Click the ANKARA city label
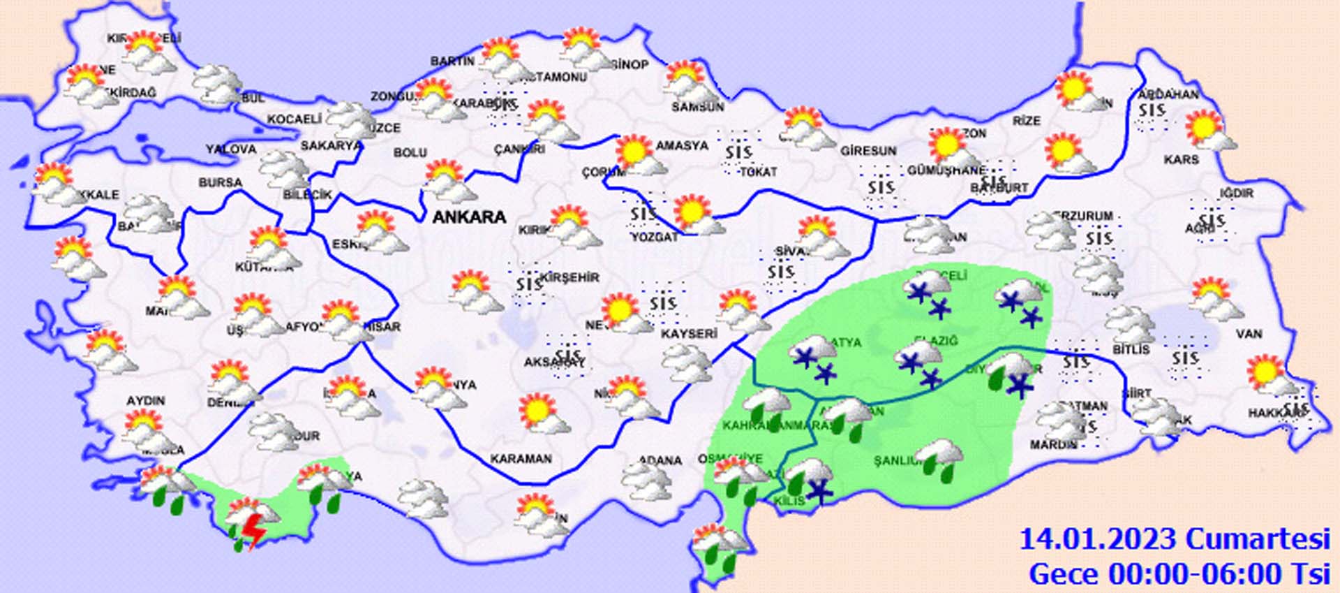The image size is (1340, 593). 469,217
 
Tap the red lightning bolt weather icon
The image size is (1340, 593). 255,532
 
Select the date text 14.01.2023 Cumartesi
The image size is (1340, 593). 1174,540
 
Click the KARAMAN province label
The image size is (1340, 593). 521,459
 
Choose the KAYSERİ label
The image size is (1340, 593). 689,334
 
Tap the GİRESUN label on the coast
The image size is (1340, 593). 868,151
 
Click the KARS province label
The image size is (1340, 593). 1181,160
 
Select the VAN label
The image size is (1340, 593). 1249,334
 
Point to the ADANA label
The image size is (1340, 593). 660,460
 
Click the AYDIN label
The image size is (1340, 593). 145,401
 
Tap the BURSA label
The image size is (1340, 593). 220,183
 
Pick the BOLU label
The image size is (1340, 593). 410,152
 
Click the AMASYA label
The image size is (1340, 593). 681,146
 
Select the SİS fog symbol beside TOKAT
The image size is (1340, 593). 738,152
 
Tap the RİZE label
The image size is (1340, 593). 1027,121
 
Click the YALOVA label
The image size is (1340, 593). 231,149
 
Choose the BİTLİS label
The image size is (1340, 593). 1131,349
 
